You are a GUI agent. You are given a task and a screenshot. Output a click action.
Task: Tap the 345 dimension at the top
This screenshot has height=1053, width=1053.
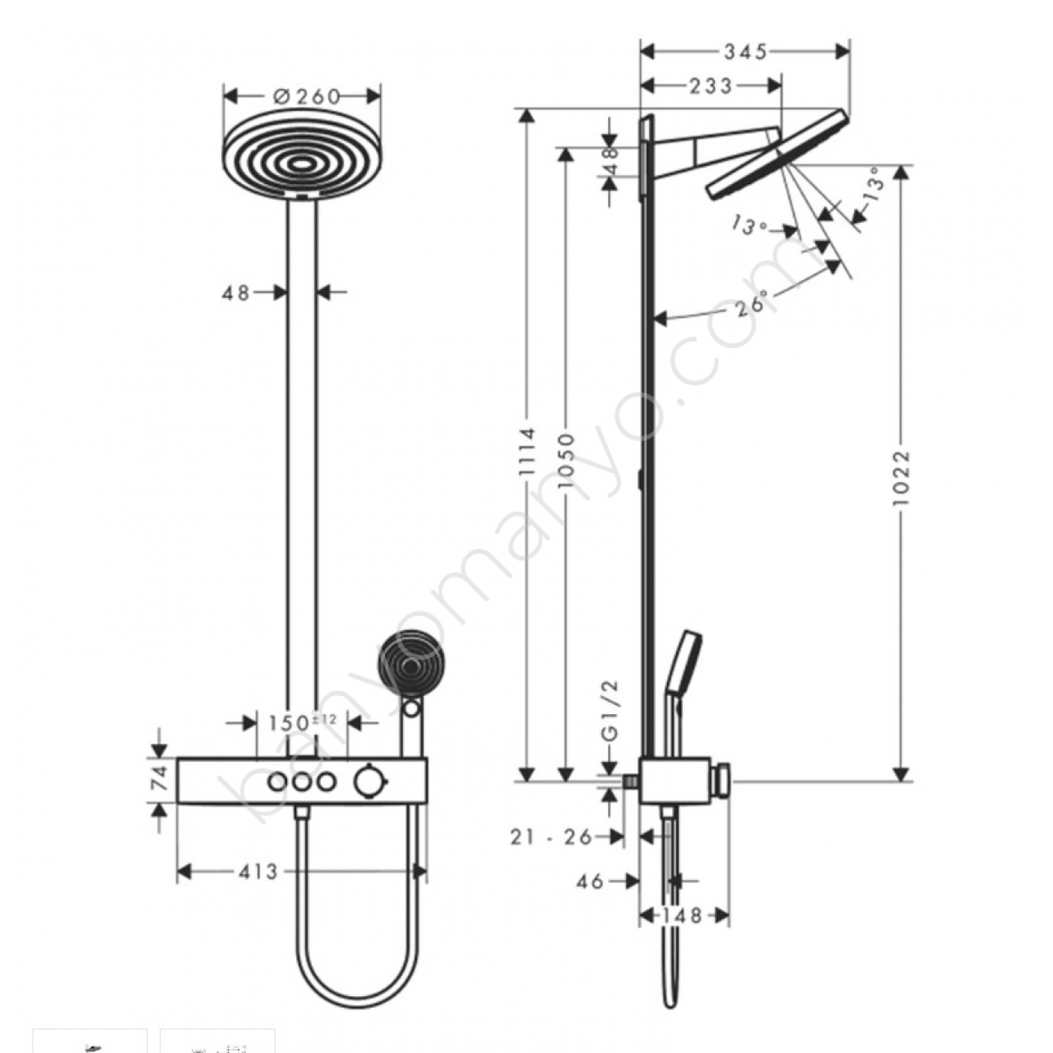pos(746,51)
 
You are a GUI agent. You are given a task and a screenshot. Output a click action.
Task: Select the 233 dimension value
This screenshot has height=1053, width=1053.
pos(711,86)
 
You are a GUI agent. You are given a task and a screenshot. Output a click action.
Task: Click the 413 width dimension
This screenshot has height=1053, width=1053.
pos(258,871)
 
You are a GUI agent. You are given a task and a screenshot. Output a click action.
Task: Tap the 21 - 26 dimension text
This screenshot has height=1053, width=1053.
pos(551,837)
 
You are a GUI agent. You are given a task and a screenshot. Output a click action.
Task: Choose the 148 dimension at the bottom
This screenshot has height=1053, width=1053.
pos(681,915)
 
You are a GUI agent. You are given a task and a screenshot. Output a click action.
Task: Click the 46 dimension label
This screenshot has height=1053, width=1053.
pos(589,881)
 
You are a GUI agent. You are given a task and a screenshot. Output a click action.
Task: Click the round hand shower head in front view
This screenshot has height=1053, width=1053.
pos(411,663)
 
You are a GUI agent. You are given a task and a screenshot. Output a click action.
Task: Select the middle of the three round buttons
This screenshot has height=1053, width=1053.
pos(301,782)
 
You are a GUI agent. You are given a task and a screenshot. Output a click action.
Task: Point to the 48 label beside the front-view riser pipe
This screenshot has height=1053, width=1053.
pos(235,294)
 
